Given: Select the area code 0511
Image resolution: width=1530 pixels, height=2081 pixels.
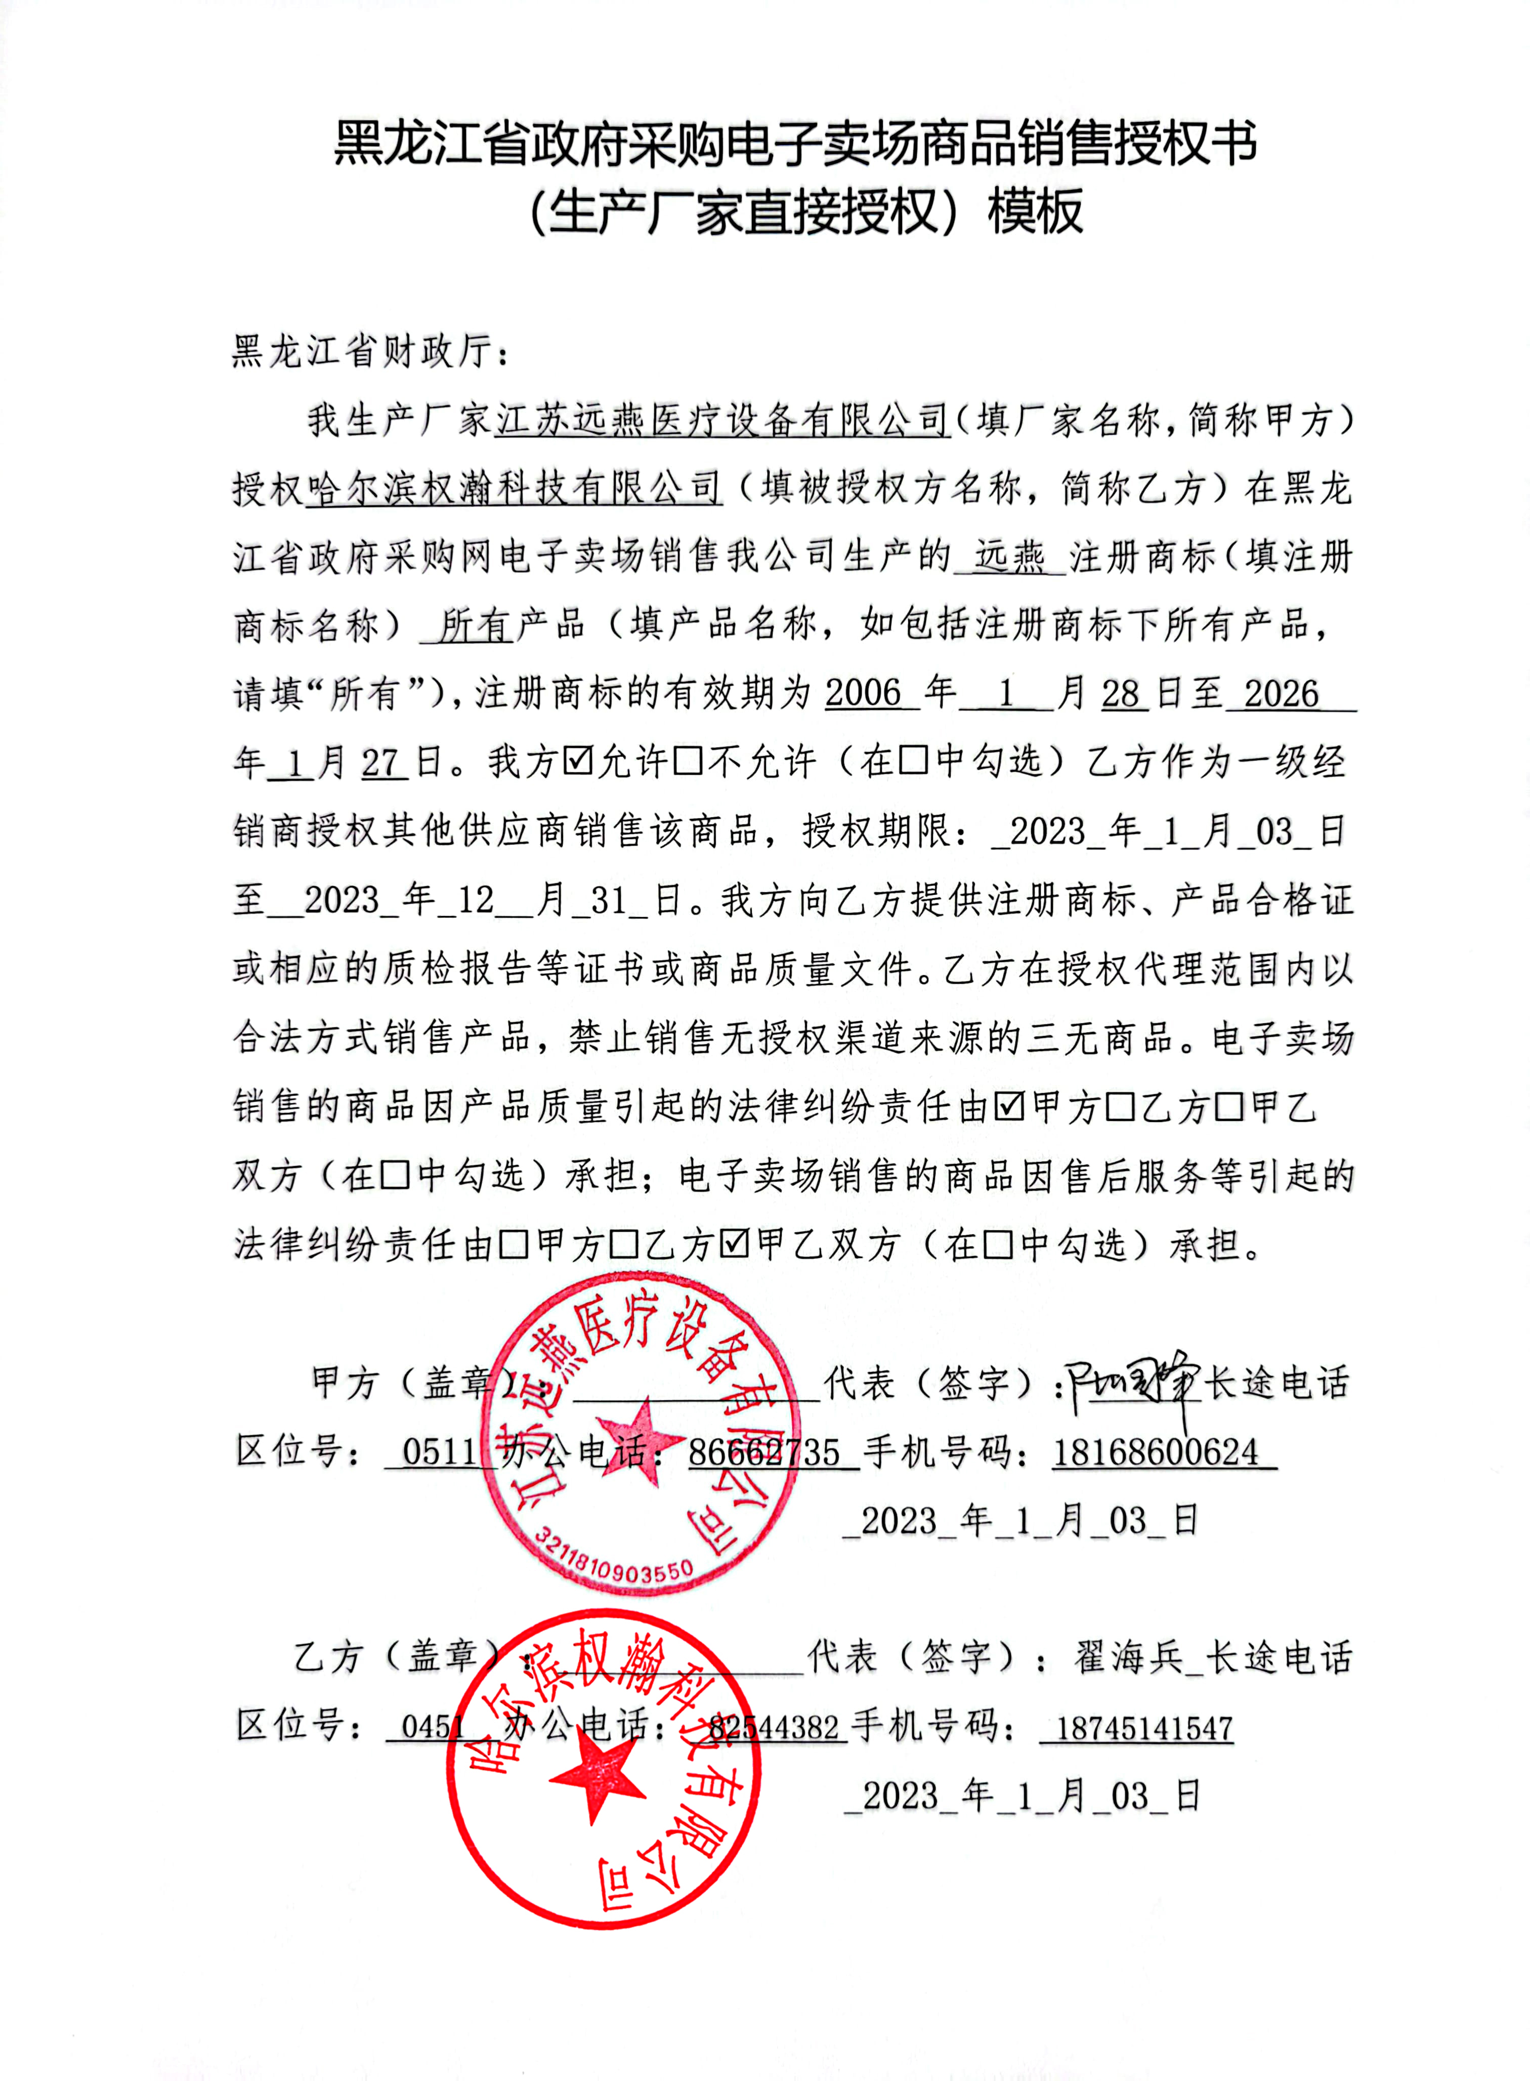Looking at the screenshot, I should (440, 1452).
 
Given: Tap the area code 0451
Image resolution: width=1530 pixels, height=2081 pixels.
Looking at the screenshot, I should (434, 1727).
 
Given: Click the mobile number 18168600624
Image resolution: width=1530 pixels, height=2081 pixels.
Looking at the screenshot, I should (1155, 1452).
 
